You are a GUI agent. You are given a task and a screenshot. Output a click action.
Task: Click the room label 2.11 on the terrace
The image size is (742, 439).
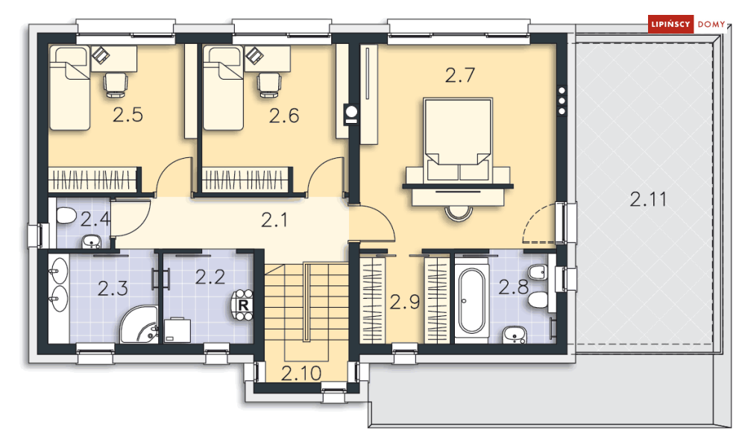pyautogui.click(x=648, y=199)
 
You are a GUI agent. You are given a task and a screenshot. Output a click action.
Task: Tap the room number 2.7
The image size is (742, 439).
pyautogui.click(x=459, y=75)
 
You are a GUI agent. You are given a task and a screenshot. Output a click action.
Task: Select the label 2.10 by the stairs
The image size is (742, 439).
pyautogui.click(x=301, y=373)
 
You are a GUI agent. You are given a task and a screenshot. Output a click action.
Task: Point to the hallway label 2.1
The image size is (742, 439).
pyautogui.click(x=274, y=220)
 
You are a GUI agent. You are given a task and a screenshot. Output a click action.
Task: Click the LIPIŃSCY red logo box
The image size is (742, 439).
pyautogui.click(x=670, y=24)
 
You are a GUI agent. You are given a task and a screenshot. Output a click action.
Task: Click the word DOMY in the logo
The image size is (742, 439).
pyautogui.click(x=711, y=24)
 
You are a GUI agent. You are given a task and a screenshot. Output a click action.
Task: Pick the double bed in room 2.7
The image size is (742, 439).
pyautogui.click(x=458, y=139)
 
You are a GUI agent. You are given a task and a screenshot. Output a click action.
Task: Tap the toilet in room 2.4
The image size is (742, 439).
pyautogui.click(x=66, y=217)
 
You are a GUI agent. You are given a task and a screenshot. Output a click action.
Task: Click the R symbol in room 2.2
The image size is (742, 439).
pyautogui.click(x=243, y=305)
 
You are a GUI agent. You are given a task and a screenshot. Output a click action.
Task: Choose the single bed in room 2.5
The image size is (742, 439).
pyautogui.click(x=69, y=88)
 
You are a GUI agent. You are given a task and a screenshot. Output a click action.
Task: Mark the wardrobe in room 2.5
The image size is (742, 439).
pyautogui.click(x=95, y=180)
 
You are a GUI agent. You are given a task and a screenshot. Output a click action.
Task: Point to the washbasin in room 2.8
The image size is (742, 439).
pyautogui.click(x=514, y=334)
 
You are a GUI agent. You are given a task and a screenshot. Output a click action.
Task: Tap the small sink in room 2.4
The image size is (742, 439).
pyautogui.click(x=91, y=241)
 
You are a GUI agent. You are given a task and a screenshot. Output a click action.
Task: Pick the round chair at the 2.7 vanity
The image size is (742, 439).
pyautogui.click(x=458, y=214)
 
